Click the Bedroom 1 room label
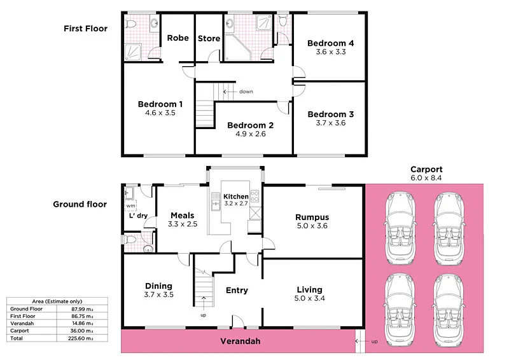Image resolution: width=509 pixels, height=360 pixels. pos(160,104)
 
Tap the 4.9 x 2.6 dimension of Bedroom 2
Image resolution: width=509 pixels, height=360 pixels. pos(250,134)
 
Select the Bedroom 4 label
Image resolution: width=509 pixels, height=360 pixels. pos(330,43)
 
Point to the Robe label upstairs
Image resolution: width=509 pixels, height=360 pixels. pos(178,38)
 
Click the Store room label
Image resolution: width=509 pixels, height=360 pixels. pos(209,39)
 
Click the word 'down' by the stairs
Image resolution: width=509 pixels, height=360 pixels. pos(246,92)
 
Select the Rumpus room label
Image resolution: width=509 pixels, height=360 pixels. pos(312,218)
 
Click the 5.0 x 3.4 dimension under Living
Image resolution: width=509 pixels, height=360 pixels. pos(309,298)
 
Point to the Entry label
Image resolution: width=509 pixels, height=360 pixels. pos(237,291)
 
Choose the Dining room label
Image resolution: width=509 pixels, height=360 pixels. pos(158,286)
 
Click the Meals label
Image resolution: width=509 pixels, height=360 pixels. pos(181,216)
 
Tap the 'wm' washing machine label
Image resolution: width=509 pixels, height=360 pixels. pos(130,206)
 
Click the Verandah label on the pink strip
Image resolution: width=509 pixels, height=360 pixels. pos(240,342)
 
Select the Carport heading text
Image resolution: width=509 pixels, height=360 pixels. pos(426,170)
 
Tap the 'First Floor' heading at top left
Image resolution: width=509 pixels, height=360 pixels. pos(85,29)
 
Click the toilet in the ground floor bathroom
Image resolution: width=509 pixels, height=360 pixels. pos(130,240)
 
